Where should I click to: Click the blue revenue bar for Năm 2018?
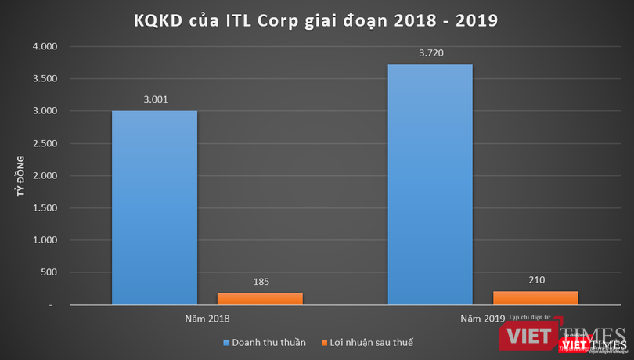tap(154, 207)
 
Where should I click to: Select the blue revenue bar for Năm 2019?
tap(430, 184)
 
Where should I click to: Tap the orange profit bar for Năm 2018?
tap(260, 298)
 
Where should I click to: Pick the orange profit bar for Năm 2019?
tap(536, 297)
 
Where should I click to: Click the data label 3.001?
tap(154, 99)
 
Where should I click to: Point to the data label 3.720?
tap(430, 53)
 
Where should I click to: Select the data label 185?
tap(261, 281)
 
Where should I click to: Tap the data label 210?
tap(536, 279)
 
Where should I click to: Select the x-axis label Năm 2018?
tap(207, 319)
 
